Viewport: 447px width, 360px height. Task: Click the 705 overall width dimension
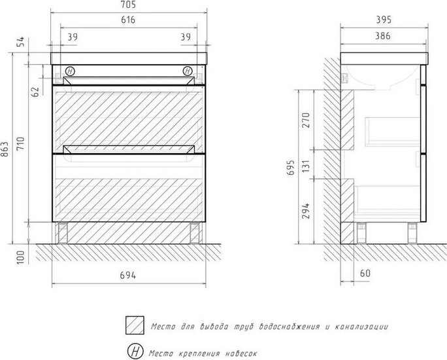coord(128,5)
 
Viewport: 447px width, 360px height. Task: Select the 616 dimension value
coord(128,20)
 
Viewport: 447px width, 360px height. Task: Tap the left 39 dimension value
coord(73,37)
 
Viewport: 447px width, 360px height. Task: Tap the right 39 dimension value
coord(186,37)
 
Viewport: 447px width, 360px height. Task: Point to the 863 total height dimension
coord(5,149)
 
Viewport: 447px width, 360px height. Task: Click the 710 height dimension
coord(21,144)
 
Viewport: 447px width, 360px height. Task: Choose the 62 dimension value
coord(35,92)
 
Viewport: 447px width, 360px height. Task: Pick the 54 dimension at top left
coord(21,42)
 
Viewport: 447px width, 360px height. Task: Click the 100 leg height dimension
coord(21,257)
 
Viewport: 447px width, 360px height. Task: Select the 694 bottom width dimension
coord(128,275)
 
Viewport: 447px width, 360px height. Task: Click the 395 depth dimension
coord(384,20)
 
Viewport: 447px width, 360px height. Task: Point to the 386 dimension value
coord(383,36)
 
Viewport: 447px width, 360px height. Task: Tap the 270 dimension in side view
coord(306,120)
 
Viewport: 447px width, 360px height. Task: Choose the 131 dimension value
coord(306,166)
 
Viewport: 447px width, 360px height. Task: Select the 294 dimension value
coord(306,211)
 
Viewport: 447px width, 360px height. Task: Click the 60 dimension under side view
coord(365,274)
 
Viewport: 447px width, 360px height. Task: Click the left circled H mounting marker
coord(70,71)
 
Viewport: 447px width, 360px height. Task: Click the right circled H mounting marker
coord(188,71)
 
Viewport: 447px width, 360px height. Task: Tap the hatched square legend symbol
coord(135,325)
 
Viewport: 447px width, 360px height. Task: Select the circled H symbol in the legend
coord(135,351)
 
